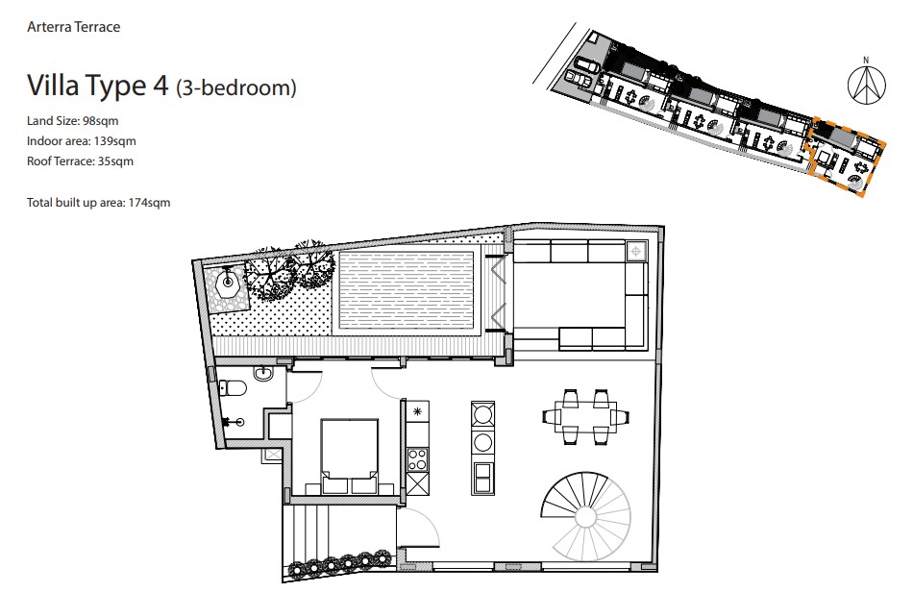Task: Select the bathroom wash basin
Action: [263, 373]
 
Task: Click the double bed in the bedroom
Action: [350, 456]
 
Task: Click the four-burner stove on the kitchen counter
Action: [417, 460]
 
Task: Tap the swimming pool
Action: [406, 290]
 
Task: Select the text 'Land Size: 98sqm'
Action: [73, 121]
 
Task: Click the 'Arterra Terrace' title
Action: [73, 27]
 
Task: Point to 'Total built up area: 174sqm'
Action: [98, 203]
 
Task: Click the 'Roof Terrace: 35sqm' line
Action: [80, 161]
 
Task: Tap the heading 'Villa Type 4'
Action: [98, 86]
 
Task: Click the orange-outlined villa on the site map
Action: [848, 156]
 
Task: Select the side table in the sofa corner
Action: [636, 252]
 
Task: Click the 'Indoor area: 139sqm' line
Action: [82, 141]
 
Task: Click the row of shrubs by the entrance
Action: [340, 562]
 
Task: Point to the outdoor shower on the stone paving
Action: [228, 283]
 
